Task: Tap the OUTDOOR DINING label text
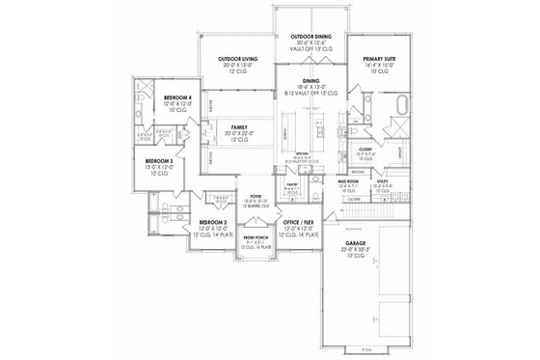click(310, 36)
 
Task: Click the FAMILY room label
click(238, 126)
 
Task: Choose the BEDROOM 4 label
click(179, 97)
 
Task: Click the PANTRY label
click(291, 183)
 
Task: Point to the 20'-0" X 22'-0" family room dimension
click(238, 133)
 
